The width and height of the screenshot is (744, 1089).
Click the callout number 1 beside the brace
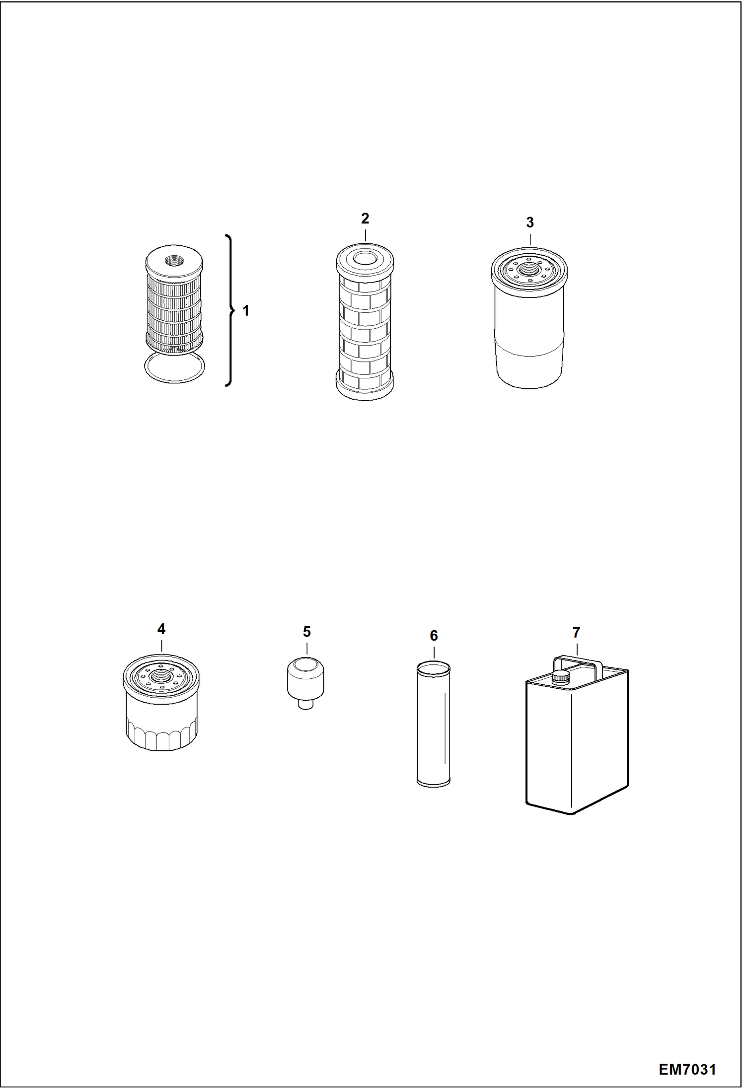245,311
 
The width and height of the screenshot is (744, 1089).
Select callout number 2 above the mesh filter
365,218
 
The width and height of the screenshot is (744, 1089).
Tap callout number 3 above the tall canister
530,222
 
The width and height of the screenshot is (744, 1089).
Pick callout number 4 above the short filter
161,629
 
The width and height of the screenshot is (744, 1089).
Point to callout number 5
307,632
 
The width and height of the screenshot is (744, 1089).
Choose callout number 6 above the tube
434,636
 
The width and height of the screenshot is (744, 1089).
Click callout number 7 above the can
576,633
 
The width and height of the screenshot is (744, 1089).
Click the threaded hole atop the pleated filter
174,259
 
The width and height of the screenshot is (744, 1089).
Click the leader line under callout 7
577,649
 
